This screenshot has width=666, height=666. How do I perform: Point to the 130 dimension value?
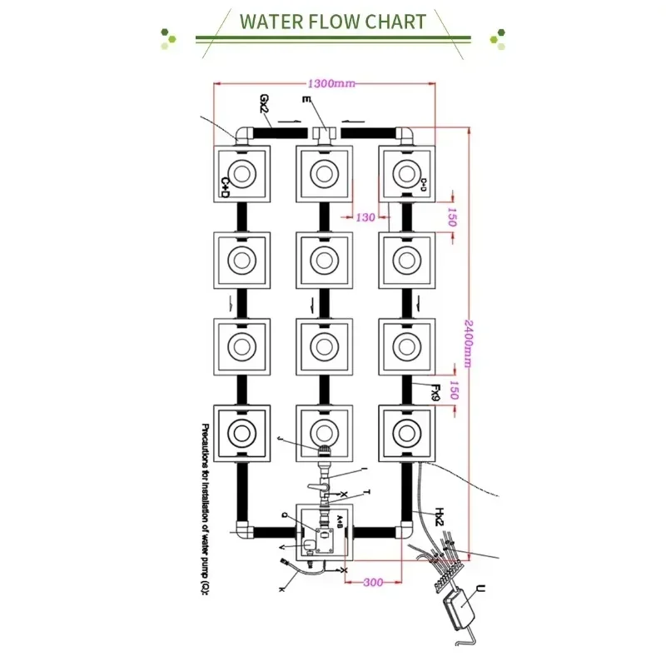tap(365, 218)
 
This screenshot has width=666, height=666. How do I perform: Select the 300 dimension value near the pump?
tap(373, 582)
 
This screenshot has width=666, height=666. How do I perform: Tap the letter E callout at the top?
tap(307, 102)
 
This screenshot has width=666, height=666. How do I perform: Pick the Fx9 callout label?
tap(434, 391)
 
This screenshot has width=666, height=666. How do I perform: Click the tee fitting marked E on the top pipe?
tap(323, 133)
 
